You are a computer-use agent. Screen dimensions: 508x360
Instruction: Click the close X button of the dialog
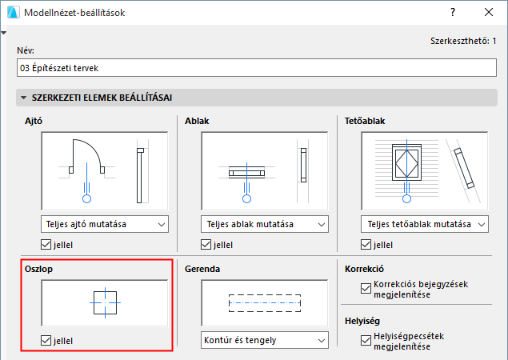pyautogui.click(x=489, y=12)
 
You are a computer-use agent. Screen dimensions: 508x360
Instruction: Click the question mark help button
pyautogui.click(x=453, y=12)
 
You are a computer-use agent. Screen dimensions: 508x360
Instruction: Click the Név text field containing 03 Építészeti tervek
pyautogui.click(x=257, y=68)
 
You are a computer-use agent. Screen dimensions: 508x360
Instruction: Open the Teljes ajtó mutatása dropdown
pyautogui.click(x=105, y=224)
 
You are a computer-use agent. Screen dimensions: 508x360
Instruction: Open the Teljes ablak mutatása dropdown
pyautogui.click(x=265, y=224)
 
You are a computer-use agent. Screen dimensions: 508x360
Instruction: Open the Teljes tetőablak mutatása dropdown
pyautogui.click(x=425, y=224)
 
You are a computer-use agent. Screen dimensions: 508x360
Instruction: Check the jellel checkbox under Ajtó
pyautogui.click(x=46, y=245)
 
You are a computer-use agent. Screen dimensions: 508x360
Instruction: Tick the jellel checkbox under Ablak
pyautogui.click(x=206, y=245)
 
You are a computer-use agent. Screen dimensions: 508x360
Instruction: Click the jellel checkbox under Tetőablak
pyautogui.click(x=366, y=245)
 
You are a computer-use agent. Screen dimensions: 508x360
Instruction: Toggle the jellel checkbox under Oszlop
pyautogui.click(x=46, y=341)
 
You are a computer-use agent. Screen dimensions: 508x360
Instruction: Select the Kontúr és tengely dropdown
pyautogui.click(x=265, y=340)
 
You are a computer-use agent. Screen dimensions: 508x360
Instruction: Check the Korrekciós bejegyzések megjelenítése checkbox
pyautogui.click(x=366, y=288)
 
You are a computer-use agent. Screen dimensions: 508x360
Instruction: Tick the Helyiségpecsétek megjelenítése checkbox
pyautogui.click(x=366, y=341)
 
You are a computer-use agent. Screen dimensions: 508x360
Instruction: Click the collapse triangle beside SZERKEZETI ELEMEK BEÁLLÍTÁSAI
pyautogui.click(x=24, y=98)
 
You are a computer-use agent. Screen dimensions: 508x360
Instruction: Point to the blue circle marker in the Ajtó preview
pyautogui.click(x=87, y=198)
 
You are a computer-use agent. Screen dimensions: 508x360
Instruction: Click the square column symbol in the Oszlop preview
pyautogui.click(x=94, y=302)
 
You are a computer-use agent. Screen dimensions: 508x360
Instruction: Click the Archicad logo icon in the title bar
pyautogui.click(x=14, y=12)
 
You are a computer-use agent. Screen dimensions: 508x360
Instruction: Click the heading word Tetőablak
pyautogui.click(x=365, y=121)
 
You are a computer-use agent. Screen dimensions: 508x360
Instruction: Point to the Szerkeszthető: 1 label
pyautogui.click(x=463, y=41)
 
